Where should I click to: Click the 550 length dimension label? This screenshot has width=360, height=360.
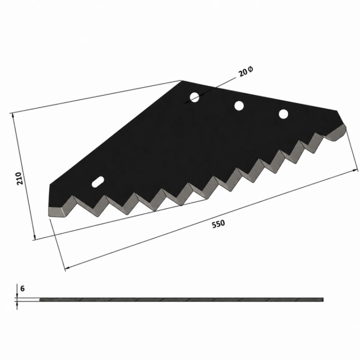tap(218, 224)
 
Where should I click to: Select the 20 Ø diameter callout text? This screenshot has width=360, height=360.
tap(246, 72)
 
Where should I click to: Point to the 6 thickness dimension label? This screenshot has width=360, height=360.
tap(22, 288)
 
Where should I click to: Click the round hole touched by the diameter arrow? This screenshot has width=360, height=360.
tap(194, 97)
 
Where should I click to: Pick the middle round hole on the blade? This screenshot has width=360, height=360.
tap(239, 106)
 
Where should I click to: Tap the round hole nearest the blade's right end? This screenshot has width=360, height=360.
tap(283, 114)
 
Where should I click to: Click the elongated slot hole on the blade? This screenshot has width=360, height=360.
tap(98, 182)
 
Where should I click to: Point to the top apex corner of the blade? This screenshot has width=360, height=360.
tap(182, 81)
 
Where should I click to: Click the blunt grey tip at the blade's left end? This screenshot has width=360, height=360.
tap(56, 212)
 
